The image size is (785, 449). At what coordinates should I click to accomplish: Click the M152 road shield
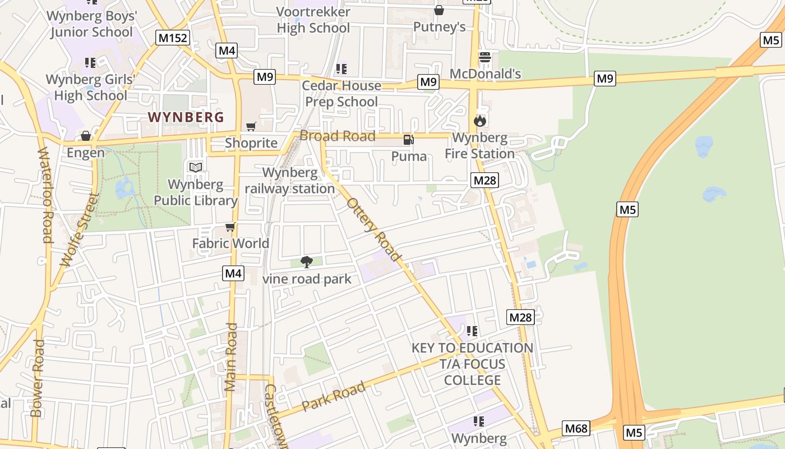(x=173, y=38)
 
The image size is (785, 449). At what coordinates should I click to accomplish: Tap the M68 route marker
(x=576, y=429)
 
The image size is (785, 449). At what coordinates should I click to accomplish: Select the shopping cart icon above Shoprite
(x=251, y=127)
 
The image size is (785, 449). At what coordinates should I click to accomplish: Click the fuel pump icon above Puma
(x=409, y=140)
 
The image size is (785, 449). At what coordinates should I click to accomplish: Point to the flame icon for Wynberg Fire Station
(x=479, y=121)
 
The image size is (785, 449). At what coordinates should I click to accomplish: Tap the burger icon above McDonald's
(x=485, y=57)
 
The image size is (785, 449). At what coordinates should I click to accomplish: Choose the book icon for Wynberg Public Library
(x=196, y=167)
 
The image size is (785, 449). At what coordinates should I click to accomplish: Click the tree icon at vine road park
(x=306, y=262)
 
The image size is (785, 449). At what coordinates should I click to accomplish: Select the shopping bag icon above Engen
(x=86, y=136)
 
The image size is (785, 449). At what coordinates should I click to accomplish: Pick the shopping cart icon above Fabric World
(x=230, y=227)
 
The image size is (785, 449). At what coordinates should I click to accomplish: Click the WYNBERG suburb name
(x=186, y=117)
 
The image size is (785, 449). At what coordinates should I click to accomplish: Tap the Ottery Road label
(x=375, y=230)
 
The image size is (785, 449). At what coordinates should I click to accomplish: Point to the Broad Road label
(x=338, y=136)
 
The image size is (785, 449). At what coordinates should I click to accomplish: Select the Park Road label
(x=334, y=396)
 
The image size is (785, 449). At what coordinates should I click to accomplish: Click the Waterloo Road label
(x=45, y=195)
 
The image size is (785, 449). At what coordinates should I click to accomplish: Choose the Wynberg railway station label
(x=290, y=181)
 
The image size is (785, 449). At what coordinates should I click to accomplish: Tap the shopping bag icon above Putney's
(x=439, y=11)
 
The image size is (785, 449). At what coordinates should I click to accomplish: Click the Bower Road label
(x=38, y=378)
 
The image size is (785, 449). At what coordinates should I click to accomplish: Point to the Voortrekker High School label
(x=313, y=20)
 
